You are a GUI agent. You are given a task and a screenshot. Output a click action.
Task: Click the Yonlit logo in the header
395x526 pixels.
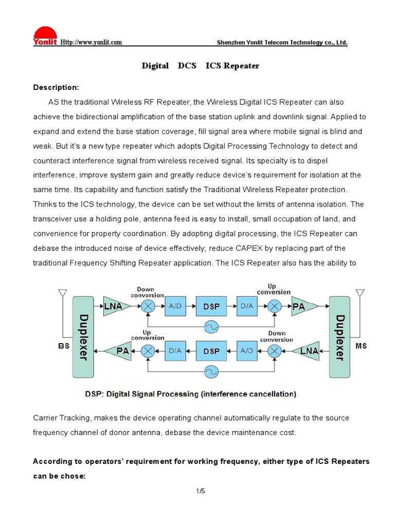pos(45,36)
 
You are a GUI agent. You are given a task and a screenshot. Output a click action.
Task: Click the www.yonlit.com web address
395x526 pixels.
pos(91,42)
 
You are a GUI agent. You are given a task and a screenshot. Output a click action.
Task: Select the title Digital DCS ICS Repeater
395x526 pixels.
pos(201,66)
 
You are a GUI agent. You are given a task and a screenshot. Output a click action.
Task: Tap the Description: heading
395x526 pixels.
pos(56,87)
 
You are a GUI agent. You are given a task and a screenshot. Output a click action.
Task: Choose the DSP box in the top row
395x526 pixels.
pos(211,307)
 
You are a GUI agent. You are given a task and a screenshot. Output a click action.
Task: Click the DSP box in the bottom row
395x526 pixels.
pos(211,351)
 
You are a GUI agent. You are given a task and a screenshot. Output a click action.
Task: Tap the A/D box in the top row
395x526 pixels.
pos(175,307)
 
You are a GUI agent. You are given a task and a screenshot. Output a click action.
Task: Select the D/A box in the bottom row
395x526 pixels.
pos(175,351)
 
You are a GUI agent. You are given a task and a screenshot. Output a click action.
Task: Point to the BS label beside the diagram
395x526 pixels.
pos(63,346)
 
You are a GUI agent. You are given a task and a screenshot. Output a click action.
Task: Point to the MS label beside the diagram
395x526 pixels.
pos(361,346)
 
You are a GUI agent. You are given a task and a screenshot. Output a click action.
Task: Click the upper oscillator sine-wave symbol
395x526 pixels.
pos(211,326)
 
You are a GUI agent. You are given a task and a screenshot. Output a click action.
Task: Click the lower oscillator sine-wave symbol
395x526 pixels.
pos(211,370)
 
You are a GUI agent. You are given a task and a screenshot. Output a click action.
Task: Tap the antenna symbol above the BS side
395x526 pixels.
pos(63,295)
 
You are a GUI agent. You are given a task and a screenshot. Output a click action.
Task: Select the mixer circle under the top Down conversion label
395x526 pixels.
pos(148,307)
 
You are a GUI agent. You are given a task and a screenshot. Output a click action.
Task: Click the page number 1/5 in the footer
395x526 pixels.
pos(200,492)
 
